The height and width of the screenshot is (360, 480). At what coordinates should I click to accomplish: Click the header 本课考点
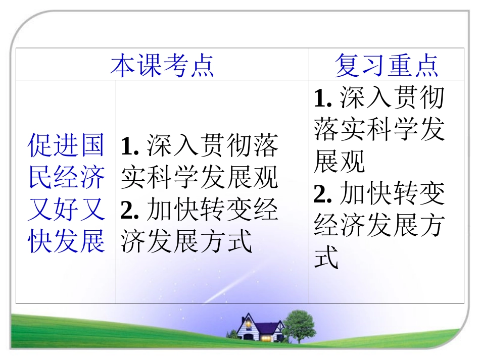[x=162, y=65]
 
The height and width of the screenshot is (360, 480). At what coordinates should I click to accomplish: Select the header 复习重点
[x=387, y=65]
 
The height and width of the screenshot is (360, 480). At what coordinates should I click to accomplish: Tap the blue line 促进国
[x=66, y=145]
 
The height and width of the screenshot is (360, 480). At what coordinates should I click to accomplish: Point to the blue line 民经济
[x=66, y=177]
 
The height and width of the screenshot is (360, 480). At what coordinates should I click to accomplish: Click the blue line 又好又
[x=66, y=209]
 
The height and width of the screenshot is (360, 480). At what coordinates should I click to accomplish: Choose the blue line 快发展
[x=66, y=240]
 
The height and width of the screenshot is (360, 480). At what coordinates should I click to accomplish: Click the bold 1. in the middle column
[x=130, y=146]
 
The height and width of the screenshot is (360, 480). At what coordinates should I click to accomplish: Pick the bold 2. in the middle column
[x=130, y=210]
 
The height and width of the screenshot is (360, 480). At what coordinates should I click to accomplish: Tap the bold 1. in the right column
[x=323, y=98]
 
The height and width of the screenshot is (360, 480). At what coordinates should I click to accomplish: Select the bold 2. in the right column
[x=323, y=194]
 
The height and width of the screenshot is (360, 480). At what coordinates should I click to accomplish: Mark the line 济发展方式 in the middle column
[x=186, y=241]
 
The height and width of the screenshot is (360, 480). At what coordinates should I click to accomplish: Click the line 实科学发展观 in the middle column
[x=200, y=178]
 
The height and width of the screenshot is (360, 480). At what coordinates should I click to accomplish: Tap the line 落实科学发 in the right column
[x=379, y=130]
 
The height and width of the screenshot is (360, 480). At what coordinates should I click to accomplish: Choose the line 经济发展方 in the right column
[x=379, y=226]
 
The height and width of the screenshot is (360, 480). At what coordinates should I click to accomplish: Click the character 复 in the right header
[x=347, y=65]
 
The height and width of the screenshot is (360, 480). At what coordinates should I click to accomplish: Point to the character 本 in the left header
[x=123, y=65]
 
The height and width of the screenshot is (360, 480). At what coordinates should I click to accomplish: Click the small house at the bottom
[x=253, y=328]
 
